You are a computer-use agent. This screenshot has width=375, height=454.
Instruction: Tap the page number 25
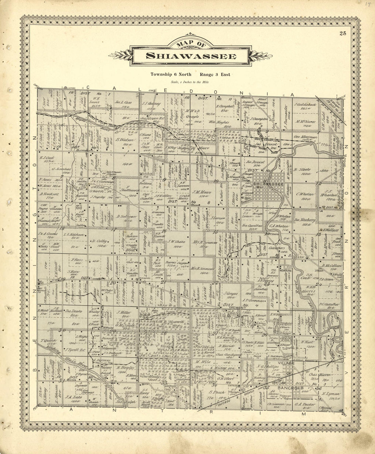(x=343, y=33)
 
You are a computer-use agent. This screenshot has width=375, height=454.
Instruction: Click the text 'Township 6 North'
(x=171, y=74)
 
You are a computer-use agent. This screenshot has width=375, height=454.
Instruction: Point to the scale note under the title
(x=190, y=82)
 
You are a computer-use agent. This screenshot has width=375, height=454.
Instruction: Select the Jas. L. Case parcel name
(x=123, y=102)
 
